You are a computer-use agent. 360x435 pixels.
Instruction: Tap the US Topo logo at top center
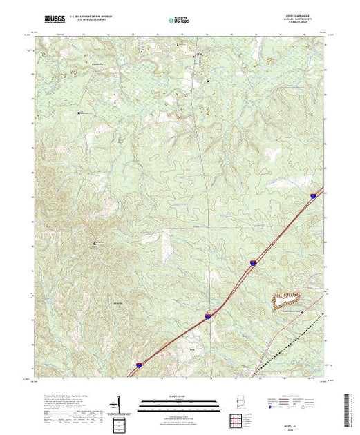coord(180,20)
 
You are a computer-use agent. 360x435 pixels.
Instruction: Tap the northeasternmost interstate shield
coord(312,195)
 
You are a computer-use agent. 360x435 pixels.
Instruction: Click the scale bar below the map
coord(180,403)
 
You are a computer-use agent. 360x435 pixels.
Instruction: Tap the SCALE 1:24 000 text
coord(180,396)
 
